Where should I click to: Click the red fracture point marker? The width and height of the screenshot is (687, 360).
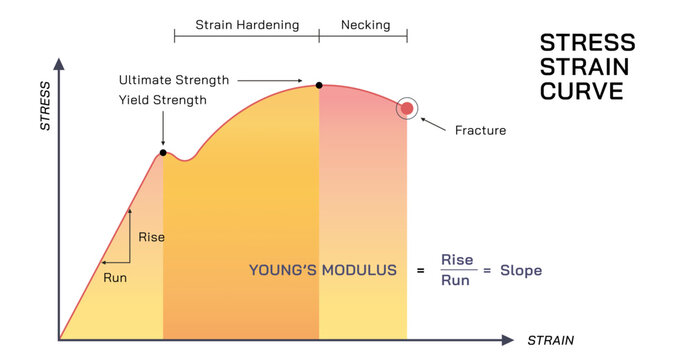[407, 108]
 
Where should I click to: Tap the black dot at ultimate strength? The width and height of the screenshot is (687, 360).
[319, 85]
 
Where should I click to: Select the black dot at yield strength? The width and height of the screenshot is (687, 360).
[163, 152]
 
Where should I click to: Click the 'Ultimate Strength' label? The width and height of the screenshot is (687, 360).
[174, 79]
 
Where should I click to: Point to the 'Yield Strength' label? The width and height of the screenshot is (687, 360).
[162, 99]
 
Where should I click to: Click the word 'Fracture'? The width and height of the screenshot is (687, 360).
[480, 130]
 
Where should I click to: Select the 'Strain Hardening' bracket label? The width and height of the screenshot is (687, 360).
[247, 24]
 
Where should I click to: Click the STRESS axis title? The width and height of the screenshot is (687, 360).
[45, 112]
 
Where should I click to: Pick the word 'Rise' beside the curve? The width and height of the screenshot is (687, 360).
[152, 237]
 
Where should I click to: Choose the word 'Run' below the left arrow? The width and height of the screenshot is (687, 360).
[115, 277]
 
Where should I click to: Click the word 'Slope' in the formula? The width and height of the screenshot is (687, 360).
[521, 270]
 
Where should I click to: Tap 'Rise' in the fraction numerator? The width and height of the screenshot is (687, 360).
[457, 260]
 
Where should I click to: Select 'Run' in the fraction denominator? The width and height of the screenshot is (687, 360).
[457, 281]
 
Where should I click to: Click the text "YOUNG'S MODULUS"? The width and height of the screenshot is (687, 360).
[322, 270]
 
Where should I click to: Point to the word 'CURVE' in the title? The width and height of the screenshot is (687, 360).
[581, 90]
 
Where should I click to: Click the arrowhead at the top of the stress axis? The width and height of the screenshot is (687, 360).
[60, 63]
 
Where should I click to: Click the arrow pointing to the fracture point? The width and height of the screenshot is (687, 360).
[432, 123]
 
